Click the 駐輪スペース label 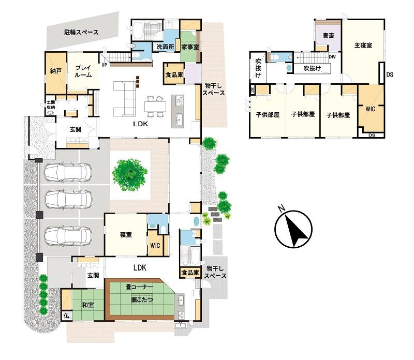tap(81, 32)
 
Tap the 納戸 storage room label tap(56, 71)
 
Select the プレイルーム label tap(83, 71)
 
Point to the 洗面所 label tap(165, 47)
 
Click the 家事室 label tap(190, 47)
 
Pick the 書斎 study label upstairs tap(329, 35)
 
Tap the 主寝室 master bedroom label tap(363, 46)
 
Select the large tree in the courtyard tap(130, 174)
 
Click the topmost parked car tap(68, 173)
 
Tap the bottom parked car tap(68, 236)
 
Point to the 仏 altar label tap(66, 316)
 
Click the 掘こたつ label tap(142, 300)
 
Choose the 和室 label tap(87, 305)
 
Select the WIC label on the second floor tap(370, 109)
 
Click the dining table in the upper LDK tap(155, 107)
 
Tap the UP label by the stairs tap(105, 65)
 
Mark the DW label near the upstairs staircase tap(332, 57)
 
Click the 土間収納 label tap(51, 104)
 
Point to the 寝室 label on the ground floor tap(126, 234)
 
